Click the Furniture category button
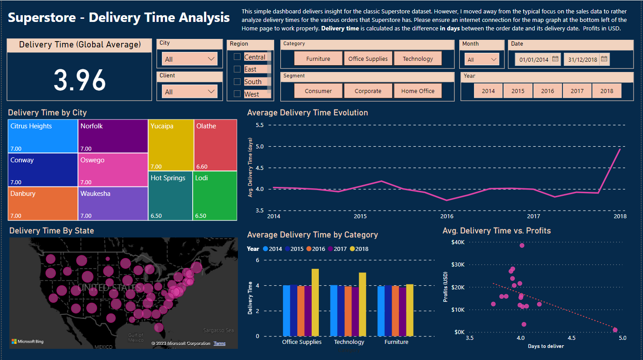(x=318, y=59)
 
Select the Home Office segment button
(x=418, y=91)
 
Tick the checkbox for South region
(x=237, y=81)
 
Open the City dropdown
(x=190, y=59)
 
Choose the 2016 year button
(x=547, y=91)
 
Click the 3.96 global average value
(x=80, y=80)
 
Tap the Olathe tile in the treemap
(x=215, y=144)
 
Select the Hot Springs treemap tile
(x=170, y=195)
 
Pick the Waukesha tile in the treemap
(x=113, y=203)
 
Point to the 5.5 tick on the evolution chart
(x=259, y=125)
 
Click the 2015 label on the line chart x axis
(x=360, y=216)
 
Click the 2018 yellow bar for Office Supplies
(x=315, y=302)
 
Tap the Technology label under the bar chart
(x=349, y=342)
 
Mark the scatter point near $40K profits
(x=522, y=246)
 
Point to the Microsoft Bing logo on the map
(x=28, y=342)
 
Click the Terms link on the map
(x=220, y=343)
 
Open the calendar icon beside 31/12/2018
(x=604, y=59)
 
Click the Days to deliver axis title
(x=546, y=346)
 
